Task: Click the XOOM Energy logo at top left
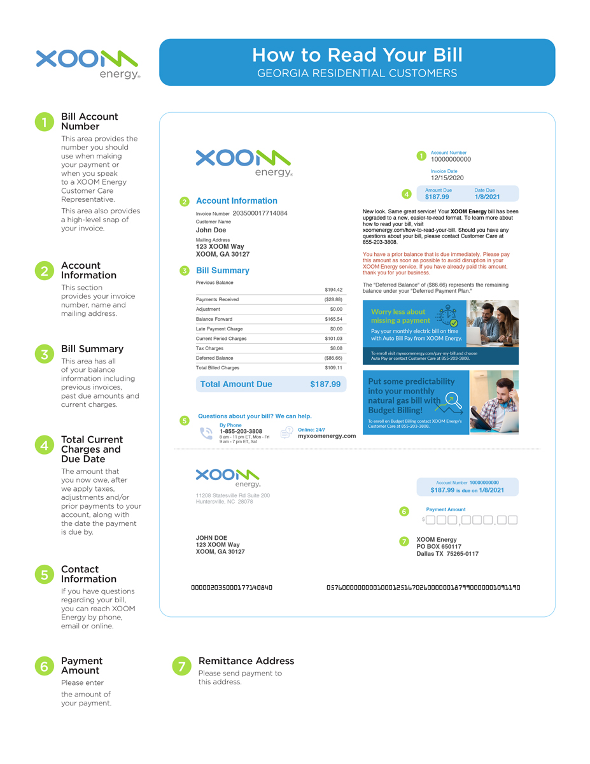[87, 64]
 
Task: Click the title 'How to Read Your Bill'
[356, 55]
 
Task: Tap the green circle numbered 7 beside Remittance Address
[182, 666]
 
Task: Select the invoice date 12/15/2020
[447, 178]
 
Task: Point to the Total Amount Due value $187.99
[325, 385]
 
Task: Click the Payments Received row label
[217, 299]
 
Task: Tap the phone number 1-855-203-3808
[241, 431]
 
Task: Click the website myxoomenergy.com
[327, 436]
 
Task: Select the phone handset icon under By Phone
[206, 434]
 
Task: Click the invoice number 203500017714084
[260, 213]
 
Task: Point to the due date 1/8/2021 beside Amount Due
[487, 197]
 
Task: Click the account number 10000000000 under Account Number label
[451, 159]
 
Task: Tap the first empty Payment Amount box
[430, 520]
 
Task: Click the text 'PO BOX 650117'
[439, 547]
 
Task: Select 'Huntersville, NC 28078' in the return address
[224, 502]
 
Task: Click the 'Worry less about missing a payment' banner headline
[398, 316]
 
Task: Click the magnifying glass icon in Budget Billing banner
[454, 400]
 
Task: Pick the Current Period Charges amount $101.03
[333, 339]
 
